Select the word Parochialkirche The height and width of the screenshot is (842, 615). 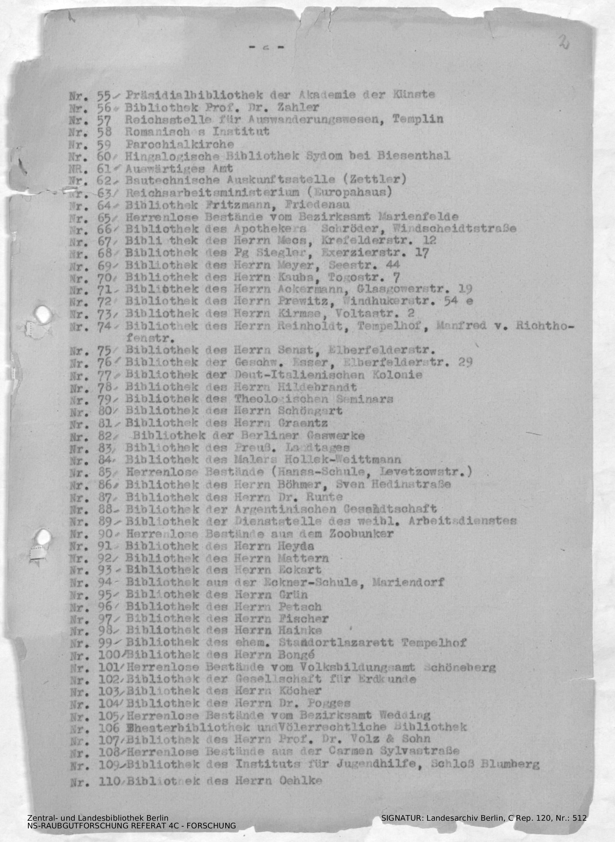click(x=180, y=144)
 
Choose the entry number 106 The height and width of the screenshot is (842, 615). click(x=109, y=727)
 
